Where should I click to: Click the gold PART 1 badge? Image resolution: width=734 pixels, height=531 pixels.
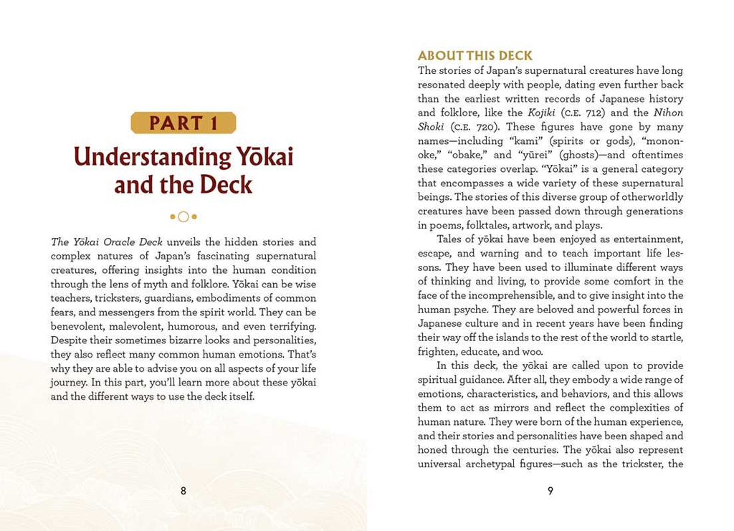(183, 123)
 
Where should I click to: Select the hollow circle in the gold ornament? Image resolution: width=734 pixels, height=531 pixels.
(183, 216)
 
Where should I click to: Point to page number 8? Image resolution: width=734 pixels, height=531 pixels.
(183, 491)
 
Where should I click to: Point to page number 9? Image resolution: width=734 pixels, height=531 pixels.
(550, 491)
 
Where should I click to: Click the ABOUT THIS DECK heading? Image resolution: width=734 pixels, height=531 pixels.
(475, 56)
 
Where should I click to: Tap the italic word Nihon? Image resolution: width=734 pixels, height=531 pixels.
(668, 113)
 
